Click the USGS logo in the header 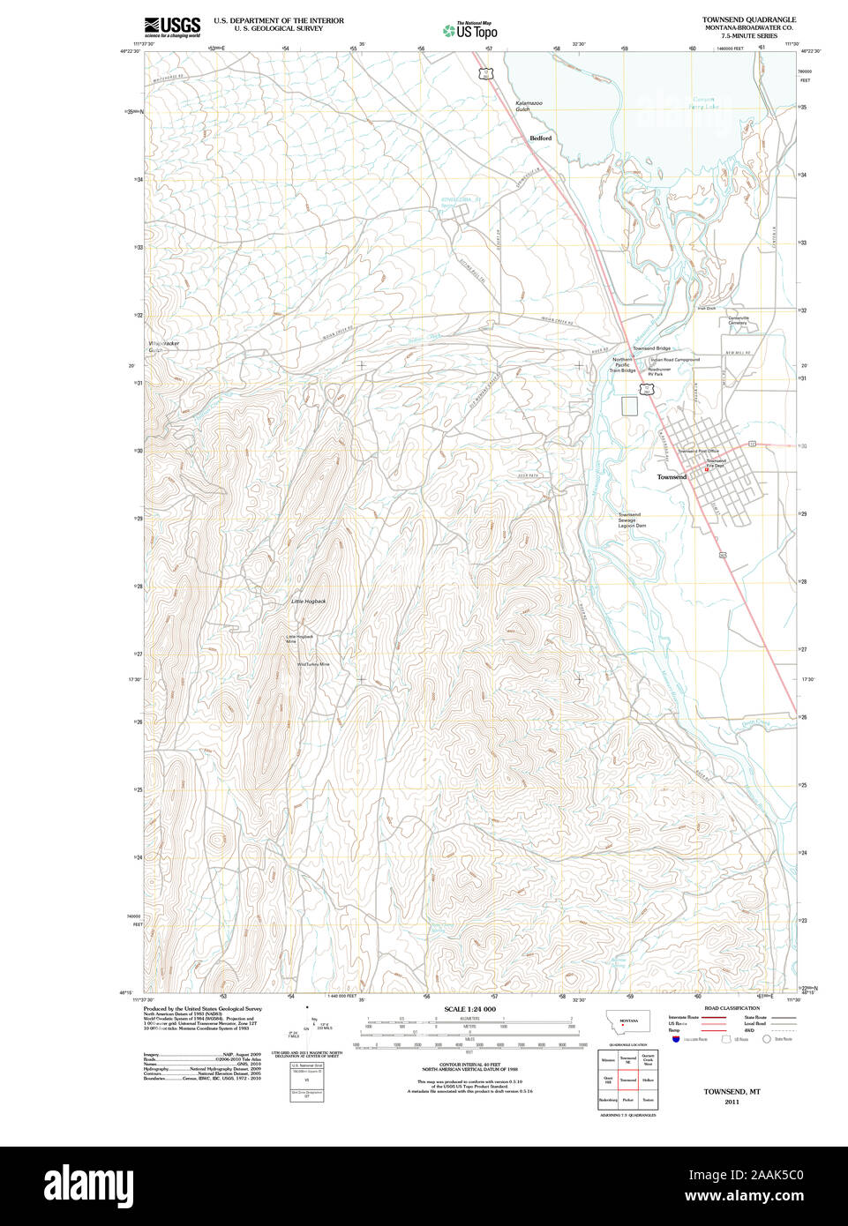tap(172, 26)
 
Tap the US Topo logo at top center tap(470, 30)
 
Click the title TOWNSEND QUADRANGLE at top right tap(748, 19)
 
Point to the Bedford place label tap(540, 138)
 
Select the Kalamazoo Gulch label tap(529, 107)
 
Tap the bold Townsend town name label tap(672, 477)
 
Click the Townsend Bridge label tap(651, 349)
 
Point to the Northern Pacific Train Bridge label tap(623, 365)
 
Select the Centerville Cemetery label tap(738, 320)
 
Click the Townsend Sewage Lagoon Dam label tap(631, 520)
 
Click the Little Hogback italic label tap(309, 602)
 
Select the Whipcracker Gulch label tap(162, 347)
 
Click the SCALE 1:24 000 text tap(469, 1009)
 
